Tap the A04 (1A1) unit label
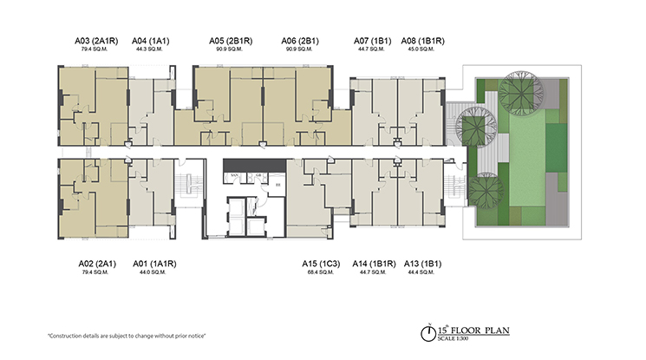151,40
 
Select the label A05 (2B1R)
231,40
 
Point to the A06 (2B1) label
300,40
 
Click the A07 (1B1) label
373,40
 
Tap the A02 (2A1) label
95,262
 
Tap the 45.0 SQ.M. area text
419,49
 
